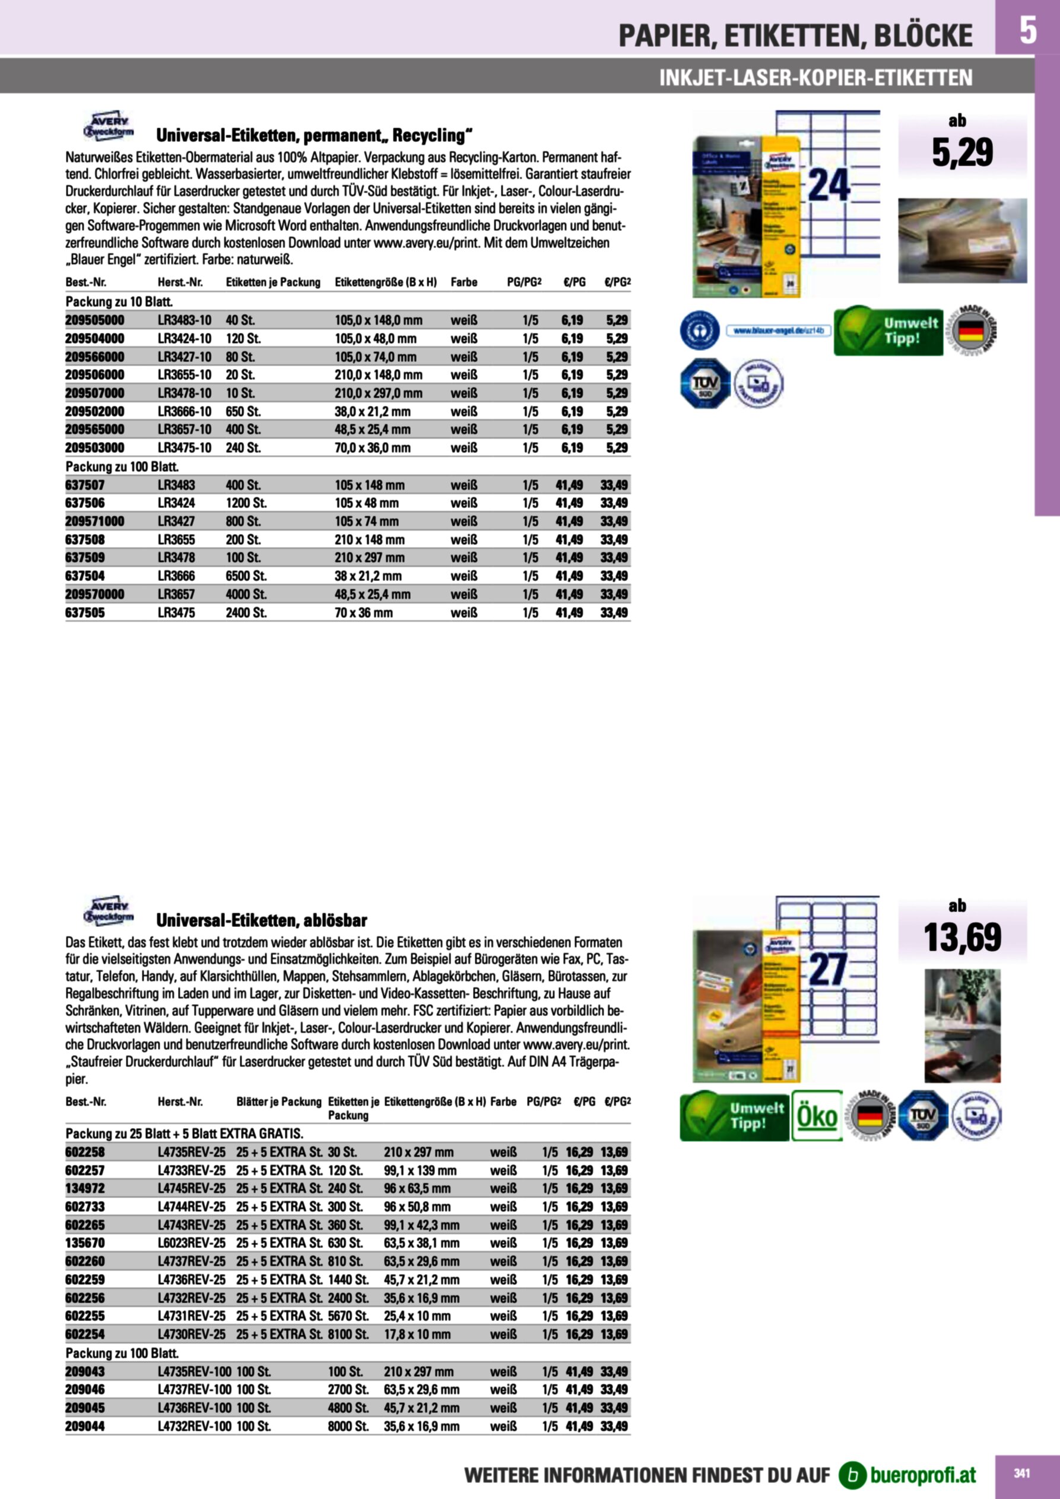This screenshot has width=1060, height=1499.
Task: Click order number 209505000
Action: (x=95, y=320)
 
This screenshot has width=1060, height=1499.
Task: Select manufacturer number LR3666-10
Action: (x=184, y=411)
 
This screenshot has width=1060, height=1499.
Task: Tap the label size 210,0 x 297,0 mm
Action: (x=378, y=393)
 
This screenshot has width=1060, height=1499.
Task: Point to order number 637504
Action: (x=85, y=576)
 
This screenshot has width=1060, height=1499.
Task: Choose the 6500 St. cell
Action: (x=246, y=576)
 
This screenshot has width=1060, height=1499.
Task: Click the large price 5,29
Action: (x=962, y=153)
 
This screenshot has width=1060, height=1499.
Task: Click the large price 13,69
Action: (x=962, y=938)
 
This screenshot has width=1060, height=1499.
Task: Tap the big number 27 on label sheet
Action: (x=827, y=970)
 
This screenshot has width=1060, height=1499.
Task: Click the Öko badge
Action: (x=817, y=1116)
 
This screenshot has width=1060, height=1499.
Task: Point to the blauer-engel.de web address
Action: (x=779, y=331)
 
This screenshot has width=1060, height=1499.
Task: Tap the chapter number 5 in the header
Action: (x=1027, y=30)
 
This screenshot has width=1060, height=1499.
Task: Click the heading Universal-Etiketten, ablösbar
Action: (x=261, y=920)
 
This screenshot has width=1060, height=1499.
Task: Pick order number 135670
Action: (x=85, y=1243)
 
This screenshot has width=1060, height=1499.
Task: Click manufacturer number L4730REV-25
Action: (x=191, y=1335)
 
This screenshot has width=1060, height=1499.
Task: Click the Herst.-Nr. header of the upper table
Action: (x=180, y=282)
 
